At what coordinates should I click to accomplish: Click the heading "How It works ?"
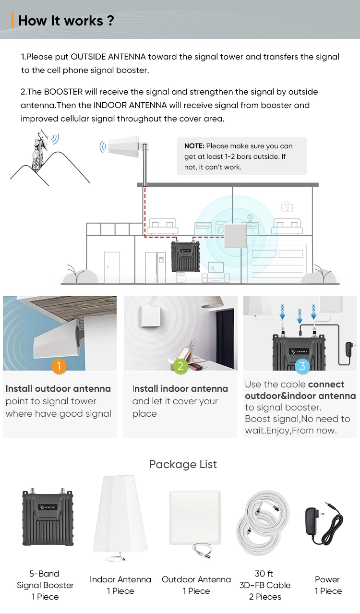pyautogui.click(x=66, y=21)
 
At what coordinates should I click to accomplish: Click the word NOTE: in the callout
pyautogui.click(x=194, y=146)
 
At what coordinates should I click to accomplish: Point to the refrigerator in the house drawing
pyautogui.click(x=156, y=267)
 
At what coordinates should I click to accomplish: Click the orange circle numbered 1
pyautogui.click(x=59, y=367)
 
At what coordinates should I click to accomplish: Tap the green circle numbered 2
pyautogui.click(x=180, y=367)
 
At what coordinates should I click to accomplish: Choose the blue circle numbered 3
pyautogui.click(x=302, y=367)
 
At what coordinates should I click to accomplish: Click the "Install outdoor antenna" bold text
pyautogui.click(x=58, y=389)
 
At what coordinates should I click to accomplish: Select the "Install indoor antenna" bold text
pyautogui.click(x=180, y=389)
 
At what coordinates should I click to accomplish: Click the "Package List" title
pyautogui.click(x=183, y=464)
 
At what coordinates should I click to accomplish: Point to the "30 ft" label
pyautogui.click(x=264, y=574)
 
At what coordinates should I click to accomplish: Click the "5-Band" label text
pyautogui.click(x=44, y=574)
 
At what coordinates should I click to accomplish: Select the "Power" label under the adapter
pyautogui.click(x=327, y=579)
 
